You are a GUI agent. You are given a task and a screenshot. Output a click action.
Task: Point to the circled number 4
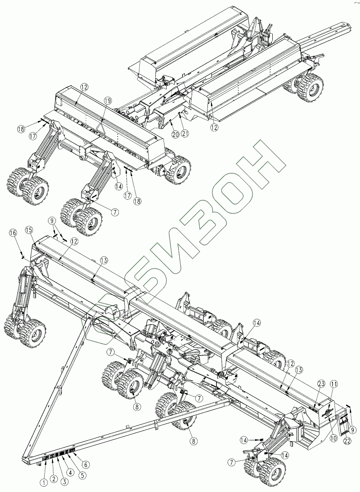tap(71, 472)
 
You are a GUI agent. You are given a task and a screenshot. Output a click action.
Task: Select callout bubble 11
tap(334, 384)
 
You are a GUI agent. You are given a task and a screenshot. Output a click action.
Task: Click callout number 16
tap(13, 232)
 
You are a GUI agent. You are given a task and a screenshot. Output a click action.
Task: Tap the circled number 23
tap(321, 384)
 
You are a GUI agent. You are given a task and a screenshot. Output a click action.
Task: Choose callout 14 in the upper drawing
tap(119, 186)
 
